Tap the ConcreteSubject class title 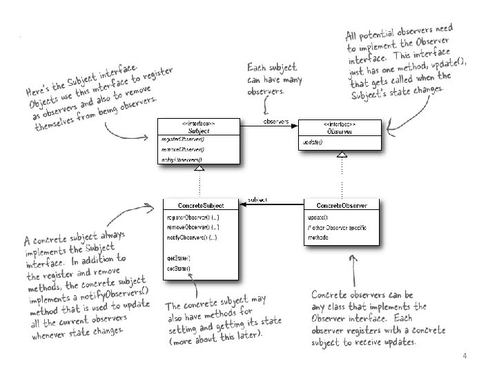coord(199,205)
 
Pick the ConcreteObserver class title coord(342,205)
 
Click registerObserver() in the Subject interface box coord(178,140)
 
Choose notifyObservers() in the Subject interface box coord(178,160)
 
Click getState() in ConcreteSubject coord(178,258)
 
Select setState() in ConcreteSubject coord(178,267)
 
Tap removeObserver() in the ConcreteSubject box coord(193,227)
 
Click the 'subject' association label coord(257,199)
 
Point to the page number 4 coord(465,356)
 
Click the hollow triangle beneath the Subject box coord(199,168)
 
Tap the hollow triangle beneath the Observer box coord(342,155)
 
